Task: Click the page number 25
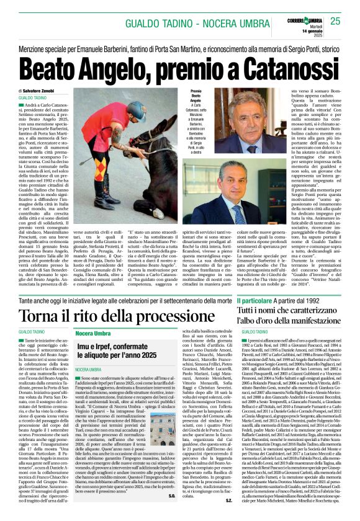click(335, 20)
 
